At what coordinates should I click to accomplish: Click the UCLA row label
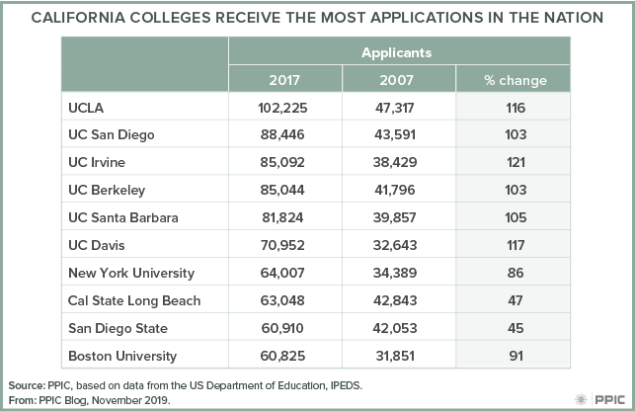85,107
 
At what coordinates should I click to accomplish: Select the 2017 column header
285,80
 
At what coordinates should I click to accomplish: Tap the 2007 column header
400,80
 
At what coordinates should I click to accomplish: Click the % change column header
515,80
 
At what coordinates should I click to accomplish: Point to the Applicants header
400,52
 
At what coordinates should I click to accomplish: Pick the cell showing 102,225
285,107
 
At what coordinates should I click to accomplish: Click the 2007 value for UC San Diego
400,134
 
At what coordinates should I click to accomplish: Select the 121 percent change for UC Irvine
515,162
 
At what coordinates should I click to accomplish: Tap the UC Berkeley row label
106,190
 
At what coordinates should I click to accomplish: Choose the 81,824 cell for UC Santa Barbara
285,217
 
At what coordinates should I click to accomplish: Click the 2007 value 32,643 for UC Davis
400,244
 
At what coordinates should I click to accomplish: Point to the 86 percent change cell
515,272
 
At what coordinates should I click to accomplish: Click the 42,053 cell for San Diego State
400,327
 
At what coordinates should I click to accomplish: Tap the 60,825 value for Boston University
285,355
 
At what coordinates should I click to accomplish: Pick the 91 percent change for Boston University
515,355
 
